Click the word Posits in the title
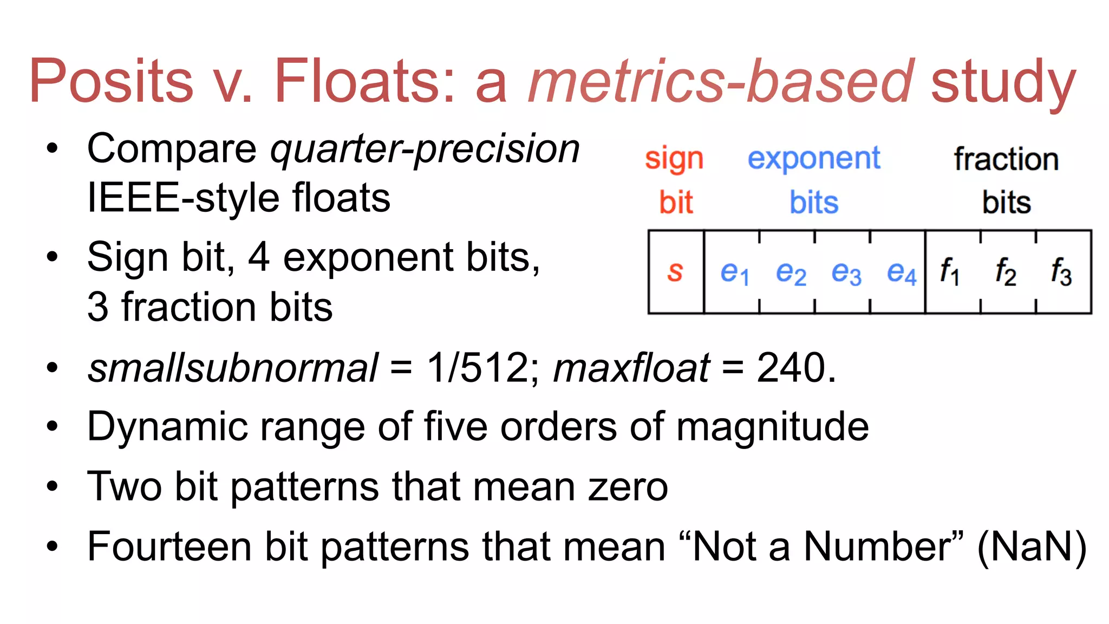point(111,81)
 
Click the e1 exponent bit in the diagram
point(734,272)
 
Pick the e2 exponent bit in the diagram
point(790,272)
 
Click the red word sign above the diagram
point(674,160)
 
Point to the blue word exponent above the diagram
point(814,159)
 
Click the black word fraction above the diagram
point(1006,159)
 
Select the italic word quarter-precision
point(425,149)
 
